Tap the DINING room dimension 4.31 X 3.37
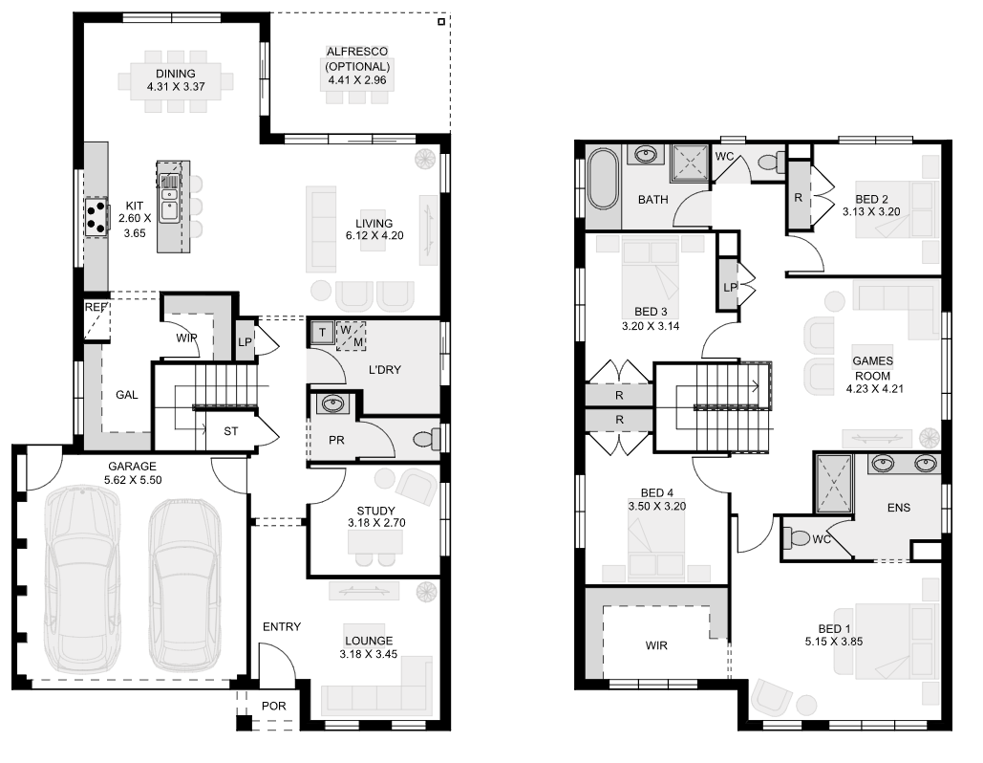[176, 87]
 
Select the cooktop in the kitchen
[96, 215]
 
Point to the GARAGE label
[133, 467]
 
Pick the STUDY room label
[375, 511]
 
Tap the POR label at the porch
[273, 706]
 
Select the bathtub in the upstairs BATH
[604, 179]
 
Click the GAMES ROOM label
[872, 368]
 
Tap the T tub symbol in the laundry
[322, 331]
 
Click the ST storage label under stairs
[230, 431]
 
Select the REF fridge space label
[95, 308]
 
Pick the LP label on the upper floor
[729, 287]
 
